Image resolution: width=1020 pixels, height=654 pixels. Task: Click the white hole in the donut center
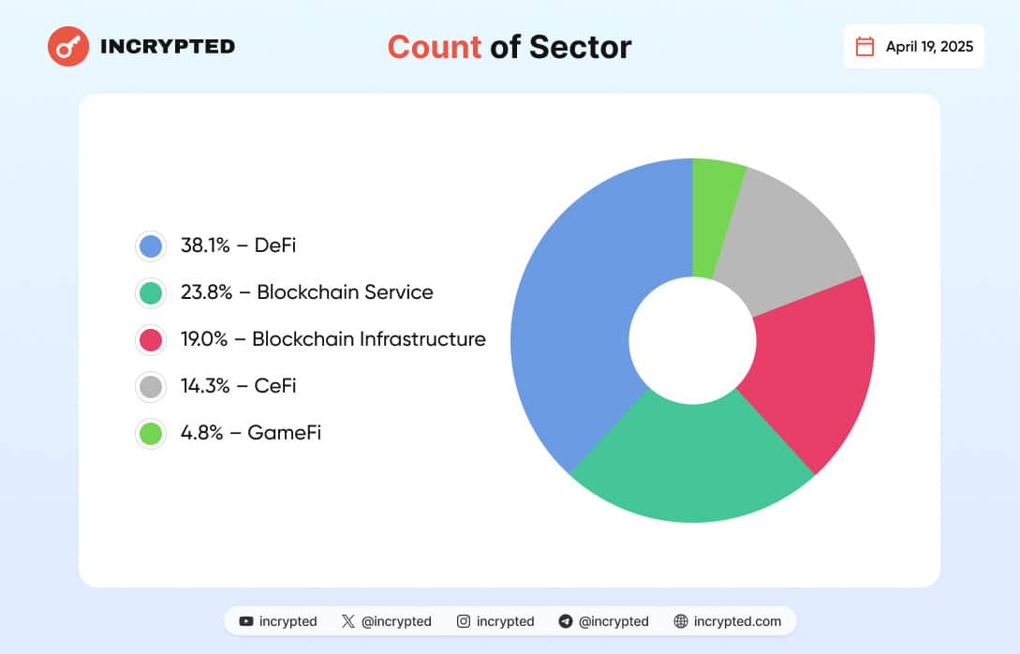(x=692, y=340)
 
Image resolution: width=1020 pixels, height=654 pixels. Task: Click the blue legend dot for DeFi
(x=150, y=246)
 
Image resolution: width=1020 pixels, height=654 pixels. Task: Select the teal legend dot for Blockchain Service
(x=150, y=292)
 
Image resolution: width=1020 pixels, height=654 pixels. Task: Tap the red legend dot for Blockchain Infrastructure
(x=150, y=339)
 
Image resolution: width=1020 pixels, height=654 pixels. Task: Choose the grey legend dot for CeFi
(x=150, y=386)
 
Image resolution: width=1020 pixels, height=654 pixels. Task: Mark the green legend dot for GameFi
(x=150, y=433)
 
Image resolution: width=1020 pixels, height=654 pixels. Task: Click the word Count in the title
(x=434, y=47)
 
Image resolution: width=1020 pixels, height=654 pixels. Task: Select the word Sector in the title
(x=580, y=47)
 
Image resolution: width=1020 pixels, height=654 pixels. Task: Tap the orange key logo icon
(x=68, y=46)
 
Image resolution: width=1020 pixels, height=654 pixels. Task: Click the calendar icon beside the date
(x=865, y=47)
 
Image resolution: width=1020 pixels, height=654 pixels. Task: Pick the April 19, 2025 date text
(x=929, y=47)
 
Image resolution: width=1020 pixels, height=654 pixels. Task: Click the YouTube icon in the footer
(x=246, y=621)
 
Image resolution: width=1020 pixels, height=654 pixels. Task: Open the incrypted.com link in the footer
(x=739, y=621)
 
